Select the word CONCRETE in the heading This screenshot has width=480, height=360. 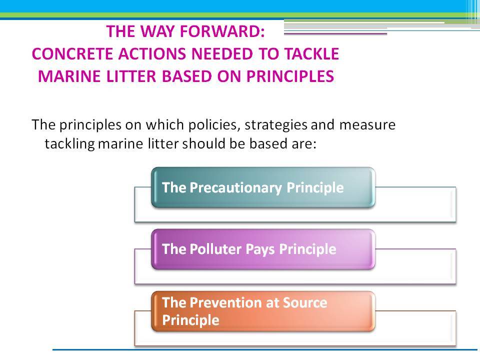(72, 54)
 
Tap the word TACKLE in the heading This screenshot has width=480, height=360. (311, 54)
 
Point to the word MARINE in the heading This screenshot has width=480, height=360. (69, 76)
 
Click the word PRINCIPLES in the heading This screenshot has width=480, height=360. (290, 76)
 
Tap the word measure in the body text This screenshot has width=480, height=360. (367, 125)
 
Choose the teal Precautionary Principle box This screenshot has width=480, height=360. (263, 187)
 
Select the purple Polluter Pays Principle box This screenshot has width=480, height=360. (263, 249)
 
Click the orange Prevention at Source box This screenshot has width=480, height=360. (263, 311)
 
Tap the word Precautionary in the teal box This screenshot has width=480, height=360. (235, 188)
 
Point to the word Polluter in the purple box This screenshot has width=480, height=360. (215, 249)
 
